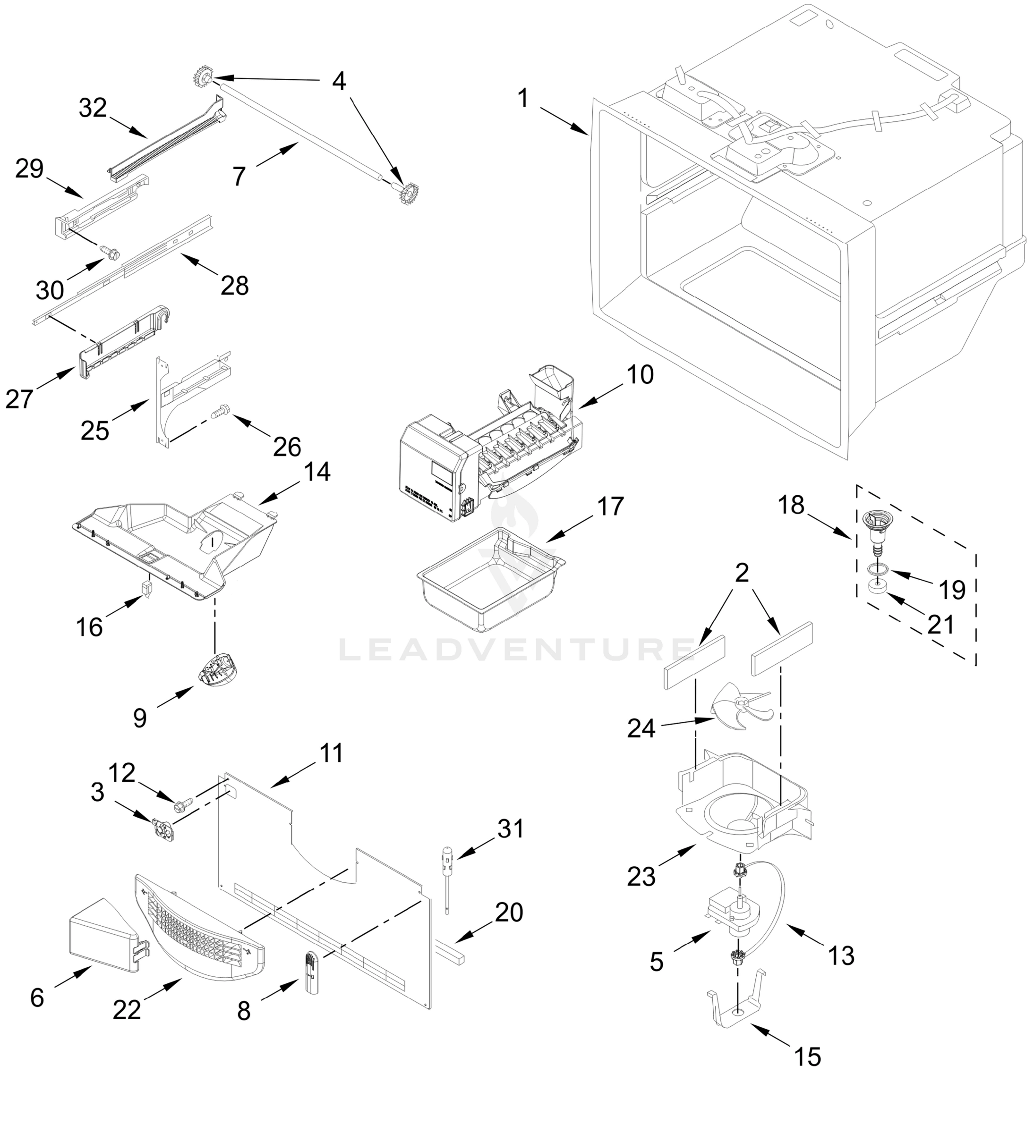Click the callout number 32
point(93,108)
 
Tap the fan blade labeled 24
point(741,706)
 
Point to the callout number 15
point(808,1057)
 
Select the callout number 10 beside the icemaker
point(640,374)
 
